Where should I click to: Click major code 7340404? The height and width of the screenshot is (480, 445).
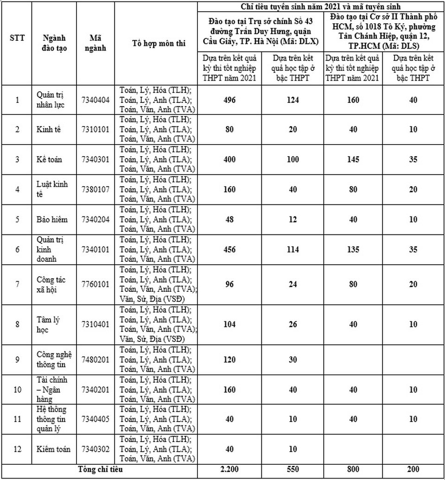click(x=95, y=100)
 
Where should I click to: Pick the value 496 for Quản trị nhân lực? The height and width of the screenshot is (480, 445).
click(x=229, y=100)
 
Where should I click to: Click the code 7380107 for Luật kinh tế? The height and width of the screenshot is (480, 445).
click(x=95, y=189)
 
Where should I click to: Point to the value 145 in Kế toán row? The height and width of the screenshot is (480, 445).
click(x=353, y=159)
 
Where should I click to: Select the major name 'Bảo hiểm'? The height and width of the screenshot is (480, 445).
click(x=52, y=219)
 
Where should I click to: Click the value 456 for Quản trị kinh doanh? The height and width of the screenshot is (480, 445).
click(x=229, y=249)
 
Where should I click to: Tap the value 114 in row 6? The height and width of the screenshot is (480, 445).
click(x=292, y=249)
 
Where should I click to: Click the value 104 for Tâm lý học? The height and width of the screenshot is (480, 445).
click(x=229, y=324)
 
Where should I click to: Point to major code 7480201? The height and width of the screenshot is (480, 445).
click(x=95, y=360)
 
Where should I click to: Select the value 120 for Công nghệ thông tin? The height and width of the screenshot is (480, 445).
click(x=229, y=360)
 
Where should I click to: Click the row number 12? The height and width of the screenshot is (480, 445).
click(x=17, y=449)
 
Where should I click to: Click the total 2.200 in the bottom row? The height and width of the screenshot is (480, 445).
click(x=229, y=470)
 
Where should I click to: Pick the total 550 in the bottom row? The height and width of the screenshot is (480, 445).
click(x=292, y=470)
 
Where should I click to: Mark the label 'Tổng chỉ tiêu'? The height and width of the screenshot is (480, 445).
click(x=99, y=470)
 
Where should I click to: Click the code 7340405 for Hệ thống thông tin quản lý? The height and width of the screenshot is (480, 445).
click(x=95, y=419)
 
